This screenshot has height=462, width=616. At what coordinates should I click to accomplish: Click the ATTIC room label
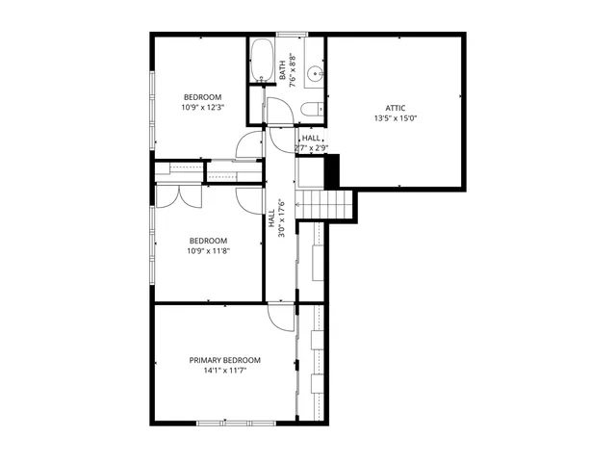coord(396,108)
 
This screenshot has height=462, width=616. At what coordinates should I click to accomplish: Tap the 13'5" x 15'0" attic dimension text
coord(396,118)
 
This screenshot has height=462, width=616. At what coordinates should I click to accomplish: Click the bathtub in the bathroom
coord(261,63)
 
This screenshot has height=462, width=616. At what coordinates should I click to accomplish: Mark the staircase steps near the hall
coord(324,203)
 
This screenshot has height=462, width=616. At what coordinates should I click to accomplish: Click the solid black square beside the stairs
coord(333,170)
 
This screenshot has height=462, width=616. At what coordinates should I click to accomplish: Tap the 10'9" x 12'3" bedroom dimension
coord(203,108)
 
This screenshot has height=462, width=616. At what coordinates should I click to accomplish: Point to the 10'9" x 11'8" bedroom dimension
coord(208,251)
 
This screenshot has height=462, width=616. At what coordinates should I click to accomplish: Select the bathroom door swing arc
coord(281,137)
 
